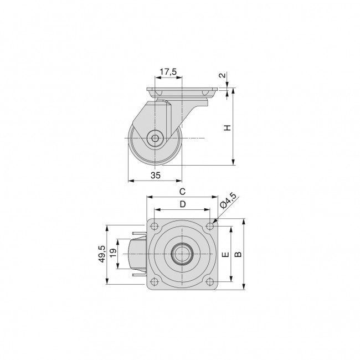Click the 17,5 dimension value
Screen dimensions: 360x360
click(x=168, y=72)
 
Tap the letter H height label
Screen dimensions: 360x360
click(x=227, y=127)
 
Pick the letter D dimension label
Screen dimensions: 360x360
click(x=182, y=204)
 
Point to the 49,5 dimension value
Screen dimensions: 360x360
click(x=101, y=255)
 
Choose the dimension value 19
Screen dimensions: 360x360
click(x=113, y=254)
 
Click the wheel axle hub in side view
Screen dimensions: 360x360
click(x=156, y=138)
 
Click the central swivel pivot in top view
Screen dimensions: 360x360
click(x=181, y=254)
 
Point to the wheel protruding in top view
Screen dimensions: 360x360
click(x=138, y=254)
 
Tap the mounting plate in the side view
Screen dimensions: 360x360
click(x=180, y=90)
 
